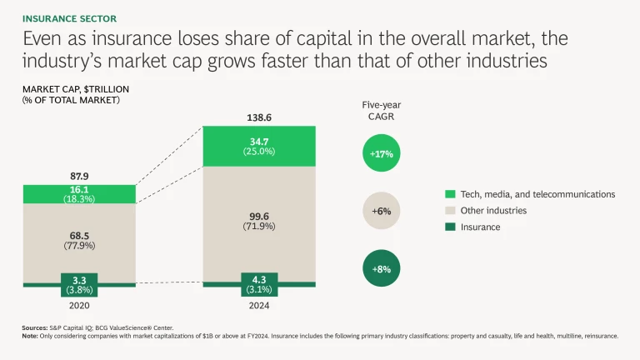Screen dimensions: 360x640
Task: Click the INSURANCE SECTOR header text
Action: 69,17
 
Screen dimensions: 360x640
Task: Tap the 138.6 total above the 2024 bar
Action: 259,118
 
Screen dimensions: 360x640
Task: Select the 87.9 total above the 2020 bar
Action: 79,177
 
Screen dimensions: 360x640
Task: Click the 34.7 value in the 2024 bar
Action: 259,142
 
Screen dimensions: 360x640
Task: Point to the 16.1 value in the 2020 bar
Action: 79,190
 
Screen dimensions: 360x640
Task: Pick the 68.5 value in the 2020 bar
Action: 79,235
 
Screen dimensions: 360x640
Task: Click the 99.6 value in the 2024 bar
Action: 259,216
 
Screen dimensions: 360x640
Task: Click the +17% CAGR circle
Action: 382,154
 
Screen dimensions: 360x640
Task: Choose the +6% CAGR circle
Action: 382,212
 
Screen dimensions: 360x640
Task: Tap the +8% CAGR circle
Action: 382,269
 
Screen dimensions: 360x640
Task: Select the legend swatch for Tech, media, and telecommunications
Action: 451,194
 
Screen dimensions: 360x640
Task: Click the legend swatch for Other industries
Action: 451,211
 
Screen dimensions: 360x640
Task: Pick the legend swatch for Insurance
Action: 451,227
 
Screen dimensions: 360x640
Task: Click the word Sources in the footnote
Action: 34,328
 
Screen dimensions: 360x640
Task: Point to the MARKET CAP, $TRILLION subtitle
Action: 76,89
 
